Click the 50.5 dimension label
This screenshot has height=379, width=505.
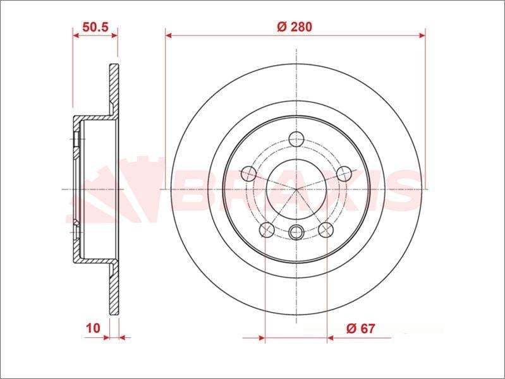point(95,27)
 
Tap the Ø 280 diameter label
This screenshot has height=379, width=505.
point(295,27)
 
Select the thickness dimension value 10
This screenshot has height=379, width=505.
point(93,328)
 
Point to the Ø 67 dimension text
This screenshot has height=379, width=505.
point(361,328)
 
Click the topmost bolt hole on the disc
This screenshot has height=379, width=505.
point(296,139)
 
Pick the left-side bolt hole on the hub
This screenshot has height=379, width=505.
point(249,173)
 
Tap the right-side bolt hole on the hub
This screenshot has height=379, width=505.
point(344,174)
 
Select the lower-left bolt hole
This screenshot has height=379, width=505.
point(267,229)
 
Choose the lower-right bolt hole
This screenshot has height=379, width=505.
point(326,229)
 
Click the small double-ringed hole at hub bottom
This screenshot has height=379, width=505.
point(296,232)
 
